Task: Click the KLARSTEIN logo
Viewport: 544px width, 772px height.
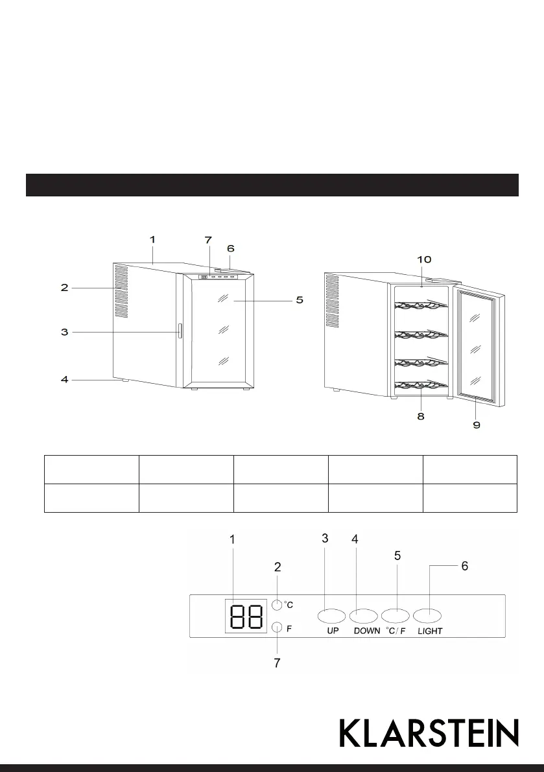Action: tap(429, 732)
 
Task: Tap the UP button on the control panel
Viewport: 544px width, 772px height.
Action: tap(333, 614)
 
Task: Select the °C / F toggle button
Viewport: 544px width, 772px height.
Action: tap(396, 614)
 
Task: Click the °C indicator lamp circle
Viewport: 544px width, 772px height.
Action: tap(278, 605)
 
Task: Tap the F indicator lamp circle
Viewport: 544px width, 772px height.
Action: tap(278, 627)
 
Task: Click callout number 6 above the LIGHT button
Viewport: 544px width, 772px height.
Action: tap(464, 566)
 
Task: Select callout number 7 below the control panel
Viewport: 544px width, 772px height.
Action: tap(278, 663)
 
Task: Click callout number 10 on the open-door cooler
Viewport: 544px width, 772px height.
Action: tap(423, 259)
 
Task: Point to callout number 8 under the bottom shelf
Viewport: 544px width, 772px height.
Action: tap(421, 417)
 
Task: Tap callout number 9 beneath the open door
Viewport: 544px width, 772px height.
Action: tap(476, 425)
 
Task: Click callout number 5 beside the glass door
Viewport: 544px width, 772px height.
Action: tap(299, 300)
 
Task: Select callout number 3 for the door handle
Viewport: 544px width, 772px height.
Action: tap(64, 332)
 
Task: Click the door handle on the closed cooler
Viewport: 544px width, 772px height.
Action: tap(180, 332)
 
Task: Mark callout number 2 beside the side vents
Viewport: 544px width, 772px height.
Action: tap(64, 287)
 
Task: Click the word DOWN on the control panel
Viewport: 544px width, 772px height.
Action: tap(367, 631)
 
